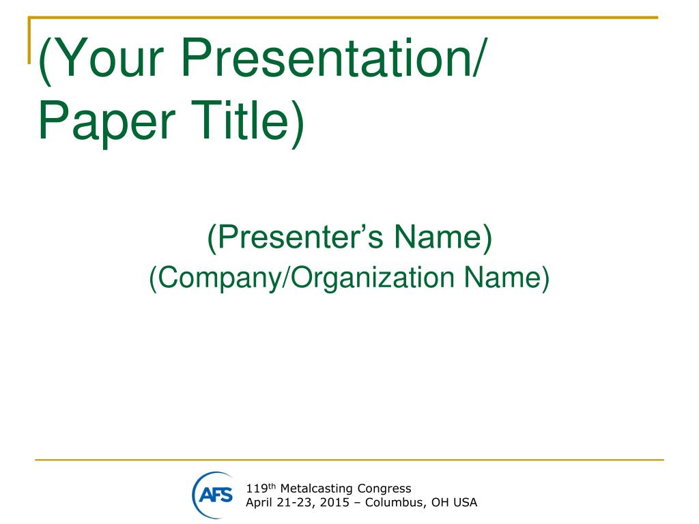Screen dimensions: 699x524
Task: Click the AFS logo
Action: (213, 495)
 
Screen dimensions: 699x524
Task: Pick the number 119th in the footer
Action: (261, 489)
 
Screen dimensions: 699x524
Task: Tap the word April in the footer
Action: (259, 503)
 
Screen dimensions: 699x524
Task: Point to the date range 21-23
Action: (296, 503)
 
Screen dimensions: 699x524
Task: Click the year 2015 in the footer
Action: (334, 503)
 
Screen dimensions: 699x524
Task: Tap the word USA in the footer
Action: (465, 503)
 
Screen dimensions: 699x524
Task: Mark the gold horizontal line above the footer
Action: (349, 459)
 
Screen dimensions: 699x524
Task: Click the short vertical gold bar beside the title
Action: (29, 40)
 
